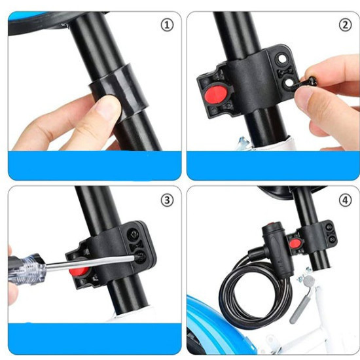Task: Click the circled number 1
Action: click(x=167, y=25)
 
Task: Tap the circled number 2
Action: click(x=345, y=25)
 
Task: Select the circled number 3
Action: click(x=167, y=200)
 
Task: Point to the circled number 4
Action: click(x=345, y=200)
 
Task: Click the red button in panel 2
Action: click(x=216, y=94)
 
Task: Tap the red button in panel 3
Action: click(x=79, y=272)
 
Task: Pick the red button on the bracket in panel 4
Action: click(x=295, y=243)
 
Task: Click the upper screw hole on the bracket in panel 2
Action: click(x=281, y=60)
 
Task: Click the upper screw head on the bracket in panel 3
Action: click(x=134, y=234)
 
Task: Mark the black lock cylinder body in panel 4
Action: click(x=277, y=248)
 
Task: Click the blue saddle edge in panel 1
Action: click(x=17, y=17)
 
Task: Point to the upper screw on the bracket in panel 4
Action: click(x=329, y=227)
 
